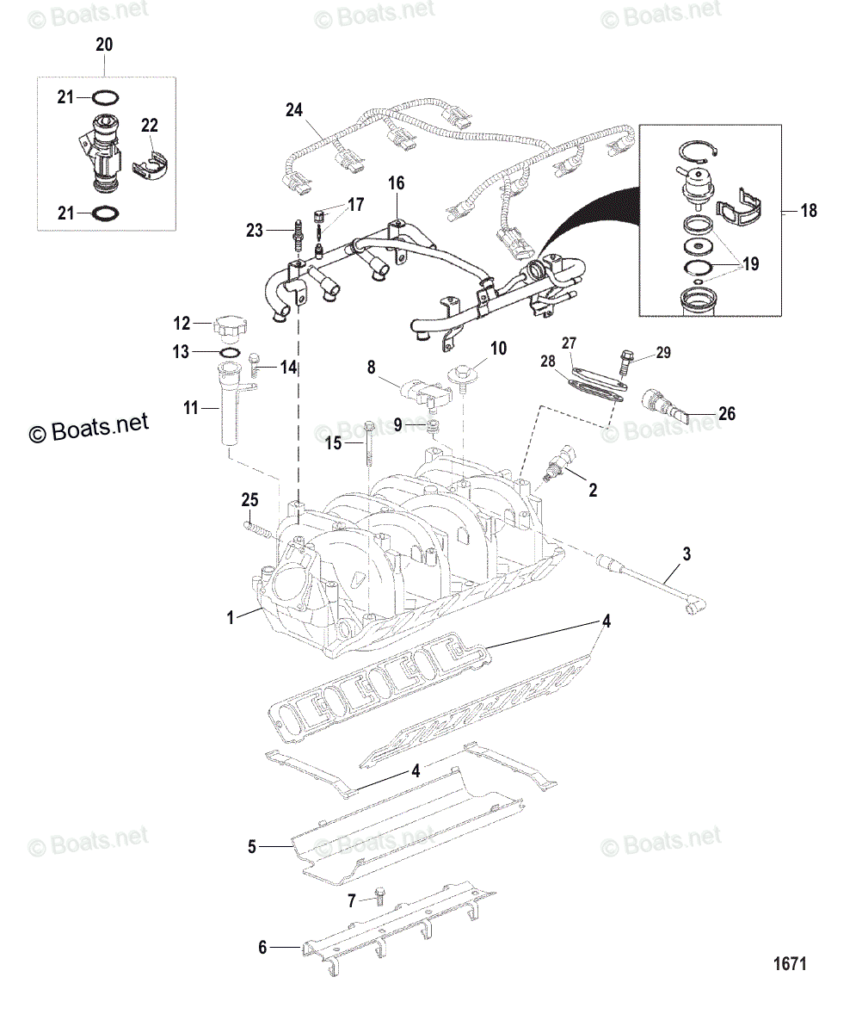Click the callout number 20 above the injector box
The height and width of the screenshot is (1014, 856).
click(103, 45)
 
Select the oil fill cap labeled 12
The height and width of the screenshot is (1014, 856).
click(228, 327)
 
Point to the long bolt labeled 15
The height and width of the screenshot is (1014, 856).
click(369, 443)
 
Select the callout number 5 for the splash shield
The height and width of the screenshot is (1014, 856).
click(252, 847)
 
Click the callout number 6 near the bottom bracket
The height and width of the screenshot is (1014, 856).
click(263, 948)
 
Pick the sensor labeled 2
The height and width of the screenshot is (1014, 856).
click(559, 462)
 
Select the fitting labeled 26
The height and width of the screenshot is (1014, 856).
click(664, 402)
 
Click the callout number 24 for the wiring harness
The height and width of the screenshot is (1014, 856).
click(295, 109)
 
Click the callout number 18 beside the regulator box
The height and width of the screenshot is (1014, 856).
click(808, 210)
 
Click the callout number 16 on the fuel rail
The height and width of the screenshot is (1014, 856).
click(396, 183)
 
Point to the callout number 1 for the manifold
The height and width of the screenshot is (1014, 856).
click(230, 616)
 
